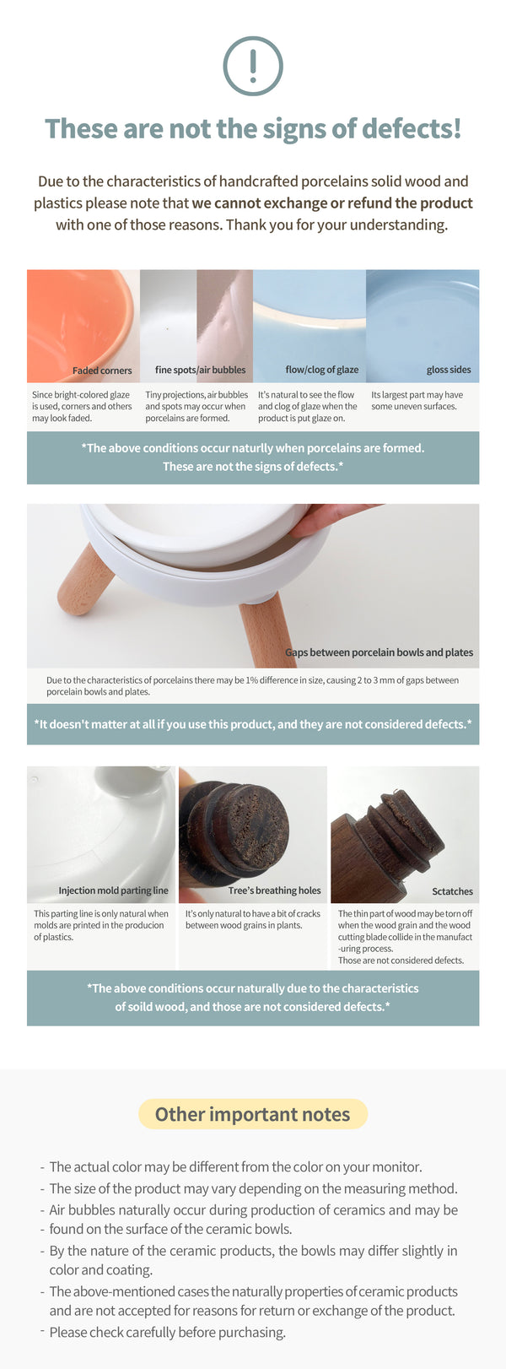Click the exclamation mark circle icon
[253, 66]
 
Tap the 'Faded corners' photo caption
[102, 371]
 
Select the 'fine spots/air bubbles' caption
[200, 371]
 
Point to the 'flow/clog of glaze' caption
[321, 371]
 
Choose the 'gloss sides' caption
[449, 371]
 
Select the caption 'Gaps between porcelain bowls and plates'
[379, 652]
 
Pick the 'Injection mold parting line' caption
[113, 890]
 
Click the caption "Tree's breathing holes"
[274, 890]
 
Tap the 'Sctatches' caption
[452, 891]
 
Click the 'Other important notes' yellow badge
[252, 1114]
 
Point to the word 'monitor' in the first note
[396, 1167]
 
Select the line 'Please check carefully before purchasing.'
[167, 1332]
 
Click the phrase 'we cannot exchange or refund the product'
[332, 203]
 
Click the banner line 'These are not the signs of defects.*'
[253, 467]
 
